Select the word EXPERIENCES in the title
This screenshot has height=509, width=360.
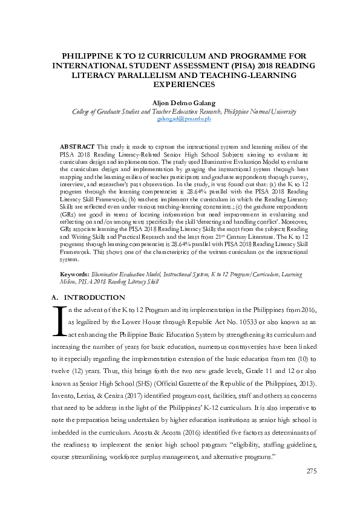pyautogui.click(x=180, y=85)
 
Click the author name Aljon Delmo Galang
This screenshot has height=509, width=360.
pyautogui.click(x=180, y=103)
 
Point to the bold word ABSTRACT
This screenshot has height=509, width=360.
pyautogui.click(x=77, y=147)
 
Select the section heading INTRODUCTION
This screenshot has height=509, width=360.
pyautogui.click(x=95, y=297)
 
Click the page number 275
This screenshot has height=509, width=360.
pyautogui.click(x=312, y=488)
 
